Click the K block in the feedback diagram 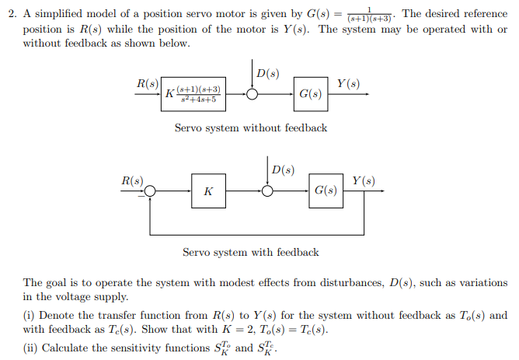coord(207,190)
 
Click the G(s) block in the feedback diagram coord(326,190)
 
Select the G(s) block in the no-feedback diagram coord(310,94)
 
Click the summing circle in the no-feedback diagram coord(253,94)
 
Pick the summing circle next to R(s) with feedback coord(150,190)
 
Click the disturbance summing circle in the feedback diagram coord(267,190)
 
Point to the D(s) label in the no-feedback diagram coord(267,74)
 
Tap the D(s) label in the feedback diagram coord(282,170)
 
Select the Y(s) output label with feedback coord(363,180)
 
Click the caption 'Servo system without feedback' coord(250,128)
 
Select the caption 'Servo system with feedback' coord(250,252)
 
